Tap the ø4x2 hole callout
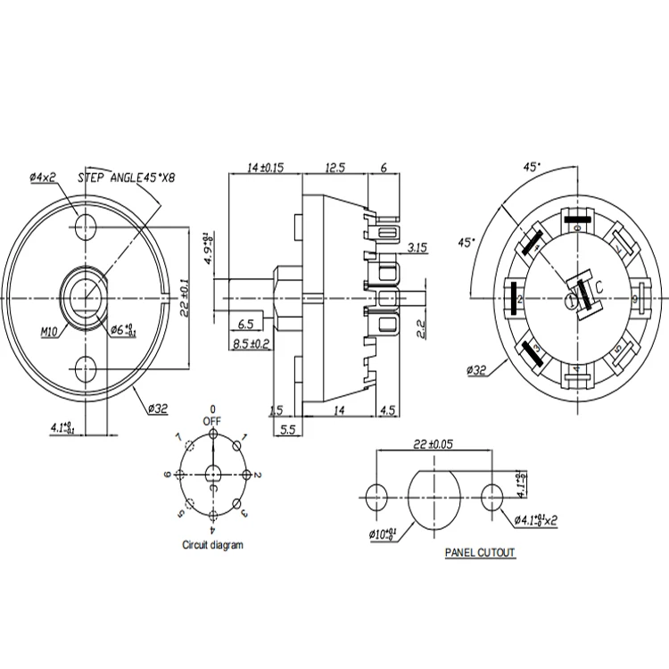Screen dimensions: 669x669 click(43, 178)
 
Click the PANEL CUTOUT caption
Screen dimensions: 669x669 click(480, 553)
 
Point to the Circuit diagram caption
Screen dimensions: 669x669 click(212, 544)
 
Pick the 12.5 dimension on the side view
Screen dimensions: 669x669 click(335, 167)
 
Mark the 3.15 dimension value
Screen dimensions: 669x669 click(416, 246)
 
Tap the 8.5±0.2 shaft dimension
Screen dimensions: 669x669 click(251, 343)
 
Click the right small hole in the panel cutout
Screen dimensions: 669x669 click(493, 497)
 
